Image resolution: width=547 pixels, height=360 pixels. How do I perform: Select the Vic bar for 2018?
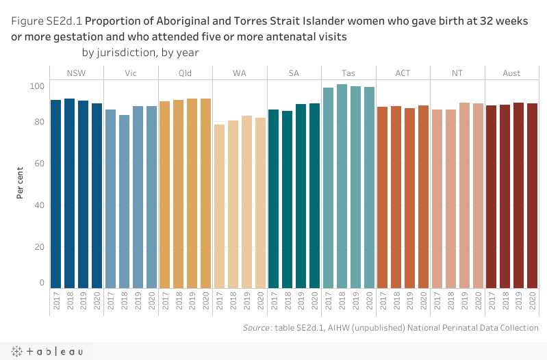point(124,202)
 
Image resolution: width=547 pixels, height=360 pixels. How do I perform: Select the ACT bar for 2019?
point(409,198)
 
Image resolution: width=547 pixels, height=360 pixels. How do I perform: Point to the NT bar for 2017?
point(437,199)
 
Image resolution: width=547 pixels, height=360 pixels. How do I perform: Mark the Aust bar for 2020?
point(532,196)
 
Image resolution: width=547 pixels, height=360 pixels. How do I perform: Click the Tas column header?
point(348,73)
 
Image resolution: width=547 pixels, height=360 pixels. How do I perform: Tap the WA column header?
point(240,73)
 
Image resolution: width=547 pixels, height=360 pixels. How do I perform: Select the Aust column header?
point(511,73)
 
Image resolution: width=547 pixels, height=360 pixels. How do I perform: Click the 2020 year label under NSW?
point(97,301)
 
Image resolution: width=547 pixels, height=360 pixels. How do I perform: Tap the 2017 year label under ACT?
point(383,301)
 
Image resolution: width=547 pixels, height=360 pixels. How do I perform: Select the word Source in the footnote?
point(255,329)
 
